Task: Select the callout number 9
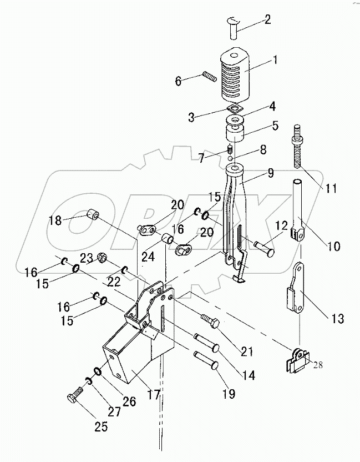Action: pos(270,173)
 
